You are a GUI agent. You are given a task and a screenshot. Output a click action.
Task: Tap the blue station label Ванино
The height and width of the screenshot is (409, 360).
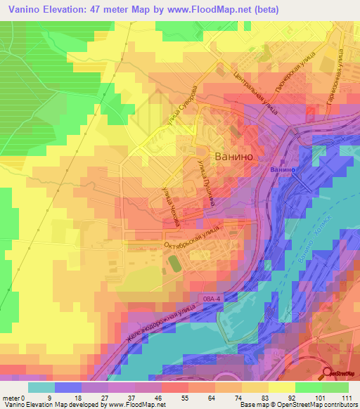coord(283,170)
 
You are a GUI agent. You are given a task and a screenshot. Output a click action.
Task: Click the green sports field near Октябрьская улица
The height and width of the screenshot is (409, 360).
coord(173,264)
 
